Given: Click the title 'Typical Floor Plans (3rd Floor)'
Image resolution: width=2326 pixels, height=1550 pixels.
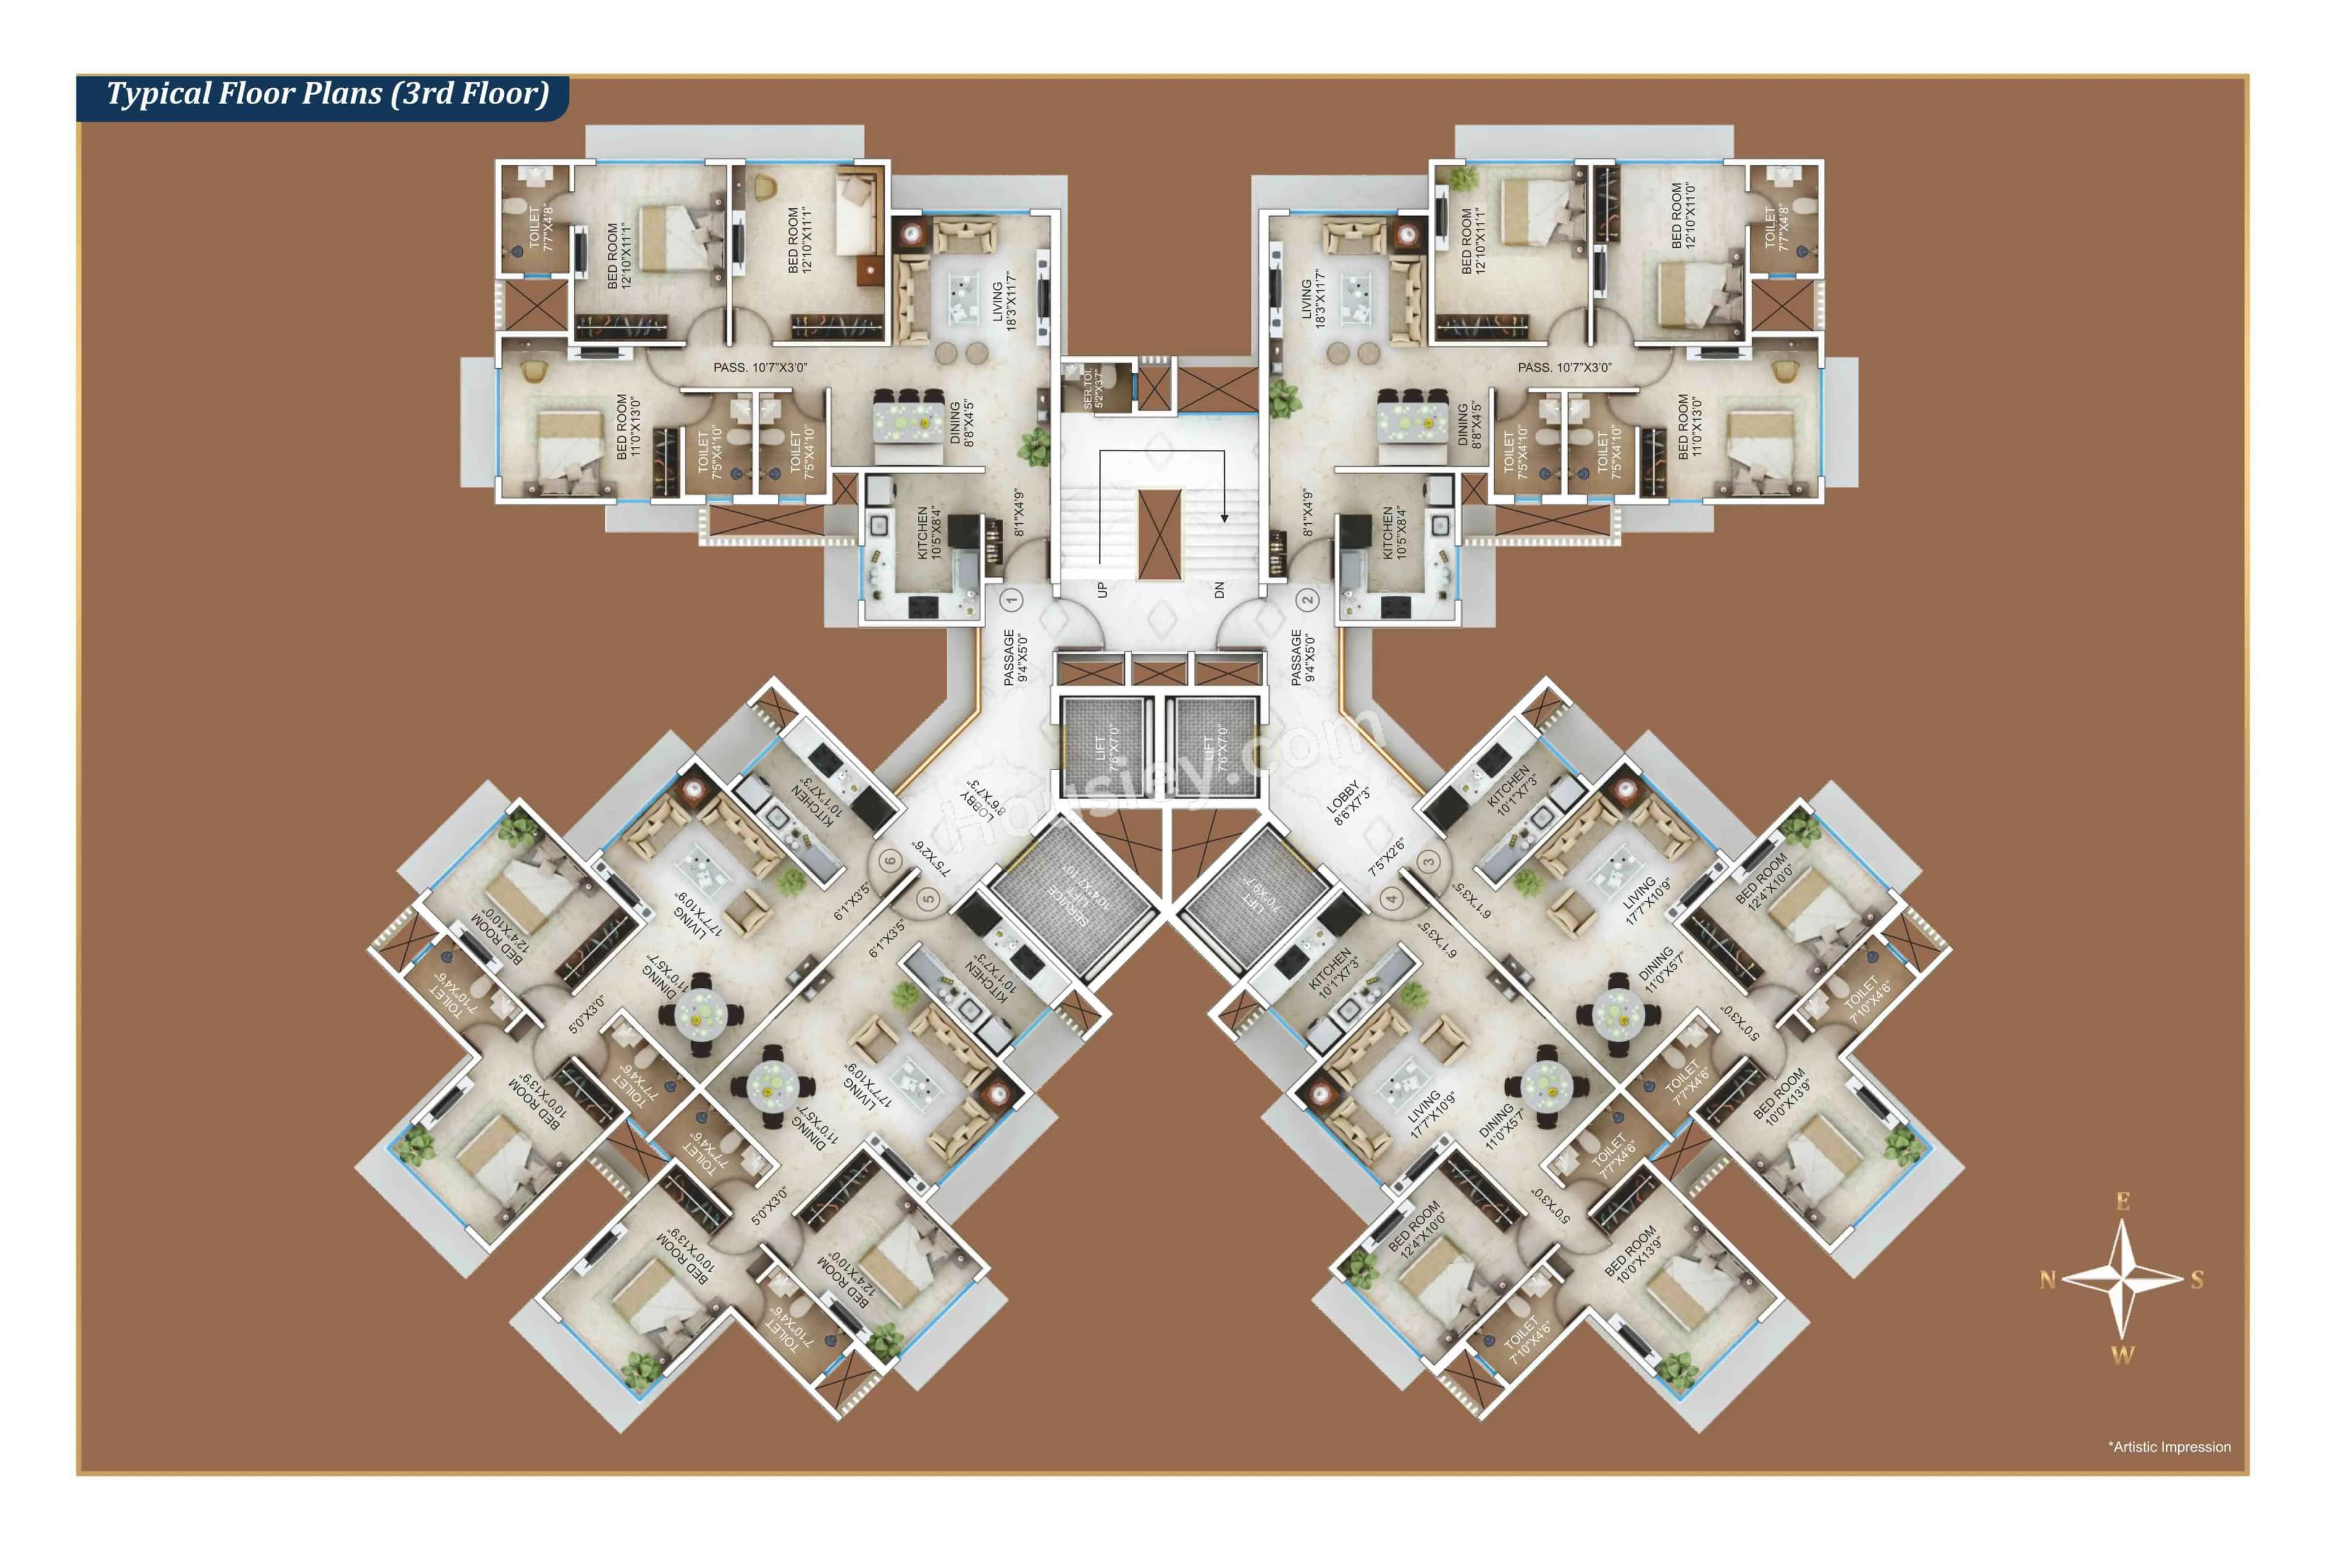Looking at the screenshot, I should click(x=326, y=94).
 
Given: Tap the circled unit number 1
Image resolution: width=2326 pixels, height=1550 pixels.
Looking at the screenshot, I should click(x=1011, y=599).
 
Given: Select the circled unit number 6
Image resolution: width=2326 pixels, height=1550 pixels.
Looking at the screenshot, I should click(x=890, y=860).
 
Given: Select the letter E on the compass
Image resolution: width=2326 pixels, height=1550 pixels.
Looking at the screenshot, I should click(x=2122, y=1201).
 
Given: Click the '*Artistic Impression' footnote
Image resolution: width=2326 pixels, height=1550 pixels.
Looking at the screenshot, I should click(x=2169, y=1446).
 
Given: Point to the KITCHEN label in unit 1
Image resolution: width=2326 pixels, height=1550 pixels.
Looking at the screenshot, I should click(x=929, y=534).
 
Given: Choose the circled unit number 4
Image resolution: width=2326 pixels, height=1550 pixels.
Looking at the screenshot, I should click(x=1391, y=899).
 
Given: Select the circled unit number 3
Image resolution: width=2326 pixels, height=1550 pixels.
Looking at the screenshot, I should click(x=1428, y=861).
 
